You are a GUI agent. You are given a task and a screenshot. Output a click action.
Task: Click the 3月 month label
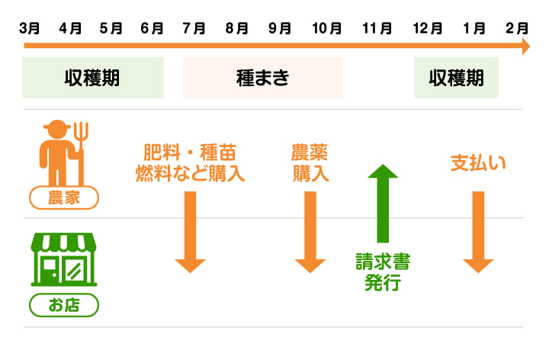tap(30, 29)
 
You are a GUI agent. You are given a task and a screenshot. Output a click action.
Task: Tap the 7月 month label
tap(194, 29)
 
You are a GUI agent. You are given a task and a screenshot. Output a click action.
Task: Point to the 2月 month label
tap(517, 29)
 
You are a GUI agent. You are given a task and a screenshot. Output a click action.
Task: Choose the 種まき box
tap(262, 78)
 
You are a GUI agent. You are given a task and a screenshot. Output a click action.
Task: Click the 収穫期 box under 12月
tap(456, 78)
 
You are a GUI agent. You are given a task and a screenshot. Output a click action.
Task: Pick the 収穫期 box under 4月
tap(93, 78)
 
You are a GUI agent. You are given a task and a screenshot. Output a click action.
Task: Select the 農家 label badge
tap(64, 199)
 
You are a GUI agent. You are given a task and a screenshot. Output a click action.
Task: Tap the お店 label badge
tap(64, 306)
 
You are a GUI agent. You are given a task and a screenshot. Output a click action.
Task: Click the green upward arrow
tap(383, 202)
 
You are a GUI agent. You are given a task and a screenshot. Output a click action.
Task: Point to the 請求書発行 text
tap(383, 273)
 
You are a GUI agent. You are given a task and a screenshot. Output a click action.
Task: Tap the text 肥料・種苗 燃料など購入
tap(190, 162)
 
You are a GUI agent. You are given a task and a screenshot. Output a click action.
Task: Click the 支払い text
tap(478, 162)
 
